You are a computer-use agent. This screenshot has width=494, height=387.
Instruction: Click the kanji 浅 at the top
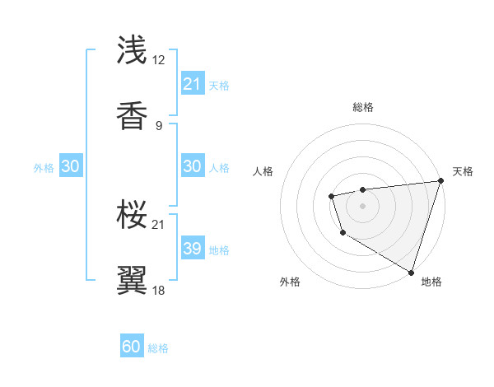point(133,50)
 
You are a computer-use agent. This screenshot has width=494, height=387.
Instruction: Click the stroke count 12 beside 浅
point(160,60)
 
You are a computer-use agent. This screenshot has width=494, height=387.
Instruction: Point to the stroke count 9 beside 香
point(159,125)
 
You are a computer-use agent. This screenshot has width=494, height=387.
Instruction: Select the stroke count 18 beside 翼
point(160,290)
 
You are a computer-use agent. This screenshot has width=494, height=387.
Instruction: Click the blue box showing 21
point(192,84)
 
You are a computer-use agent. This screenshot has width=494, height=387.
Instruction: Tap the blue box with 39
point(192,249)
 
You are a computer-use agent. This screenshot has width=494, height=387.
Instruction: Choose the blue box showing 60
point(132,347)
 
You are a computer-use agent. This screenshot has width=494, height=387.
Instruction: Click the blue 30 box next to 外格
point(70,166)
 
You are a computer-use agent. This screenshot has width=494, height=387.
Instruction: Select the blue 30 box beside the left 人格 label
point(192,166)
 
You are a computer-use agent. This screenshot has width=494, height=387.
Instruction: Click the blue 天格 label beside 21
point(219,85)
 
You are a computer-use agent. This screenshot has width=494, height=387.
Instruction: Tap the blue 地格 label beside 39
point(219,249)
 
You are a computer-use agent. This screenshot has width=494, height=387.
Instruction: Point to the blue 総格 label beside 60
point(158,347)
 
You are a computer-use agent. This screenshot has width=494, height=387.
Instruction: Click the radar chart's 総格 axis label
point(362,107)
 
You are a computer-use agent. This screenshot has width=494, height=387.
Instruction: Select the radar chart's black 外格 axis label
point(290,282)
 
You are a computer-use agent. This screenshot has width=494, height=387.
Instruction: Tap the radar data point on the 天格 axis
point(440,181)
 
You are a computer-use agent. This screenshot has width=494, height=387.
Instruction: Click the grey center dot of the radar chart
point(362,204)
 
